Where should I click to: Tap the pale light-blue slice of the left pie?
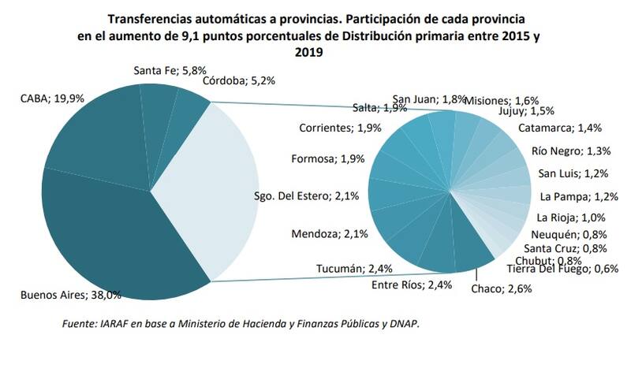pos(209,189)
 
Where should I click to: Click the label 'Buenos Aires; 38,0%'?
pos(70,295)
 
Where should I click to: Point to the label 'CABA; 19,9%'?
pos(54,99)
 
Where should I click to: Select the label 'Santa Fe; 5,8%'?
pos(169,70)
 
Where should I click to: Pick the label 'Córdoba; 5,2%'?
pos(237,80)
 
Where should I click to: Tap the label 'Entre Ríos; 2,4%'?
pos(412,284)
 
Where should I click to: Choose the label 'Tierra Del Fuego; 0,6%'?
pos(563,269)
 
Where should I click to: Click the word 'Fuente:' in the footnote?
pos(80,324)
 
